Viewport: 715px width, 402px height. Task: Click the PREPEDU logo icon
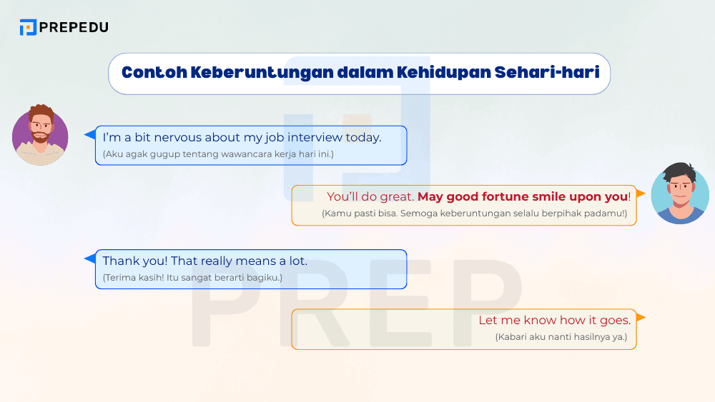28,28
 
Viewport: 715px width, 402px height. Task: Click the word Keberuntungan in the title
250,73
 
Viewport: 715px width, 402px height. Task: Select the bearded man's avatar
40,135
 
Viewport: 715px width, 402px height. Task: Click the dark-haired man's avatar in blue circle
679,194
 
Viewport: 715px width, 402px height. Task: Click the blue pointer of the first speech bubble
90,134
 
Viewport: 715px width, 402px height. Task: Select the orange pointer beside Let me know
641,317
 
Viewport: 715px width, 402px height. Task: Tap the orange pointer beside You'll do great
641,194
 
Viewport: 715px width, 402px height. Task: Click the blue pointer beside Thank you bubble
90,258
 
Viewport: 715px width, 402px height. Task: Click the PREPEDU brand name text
74,28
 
